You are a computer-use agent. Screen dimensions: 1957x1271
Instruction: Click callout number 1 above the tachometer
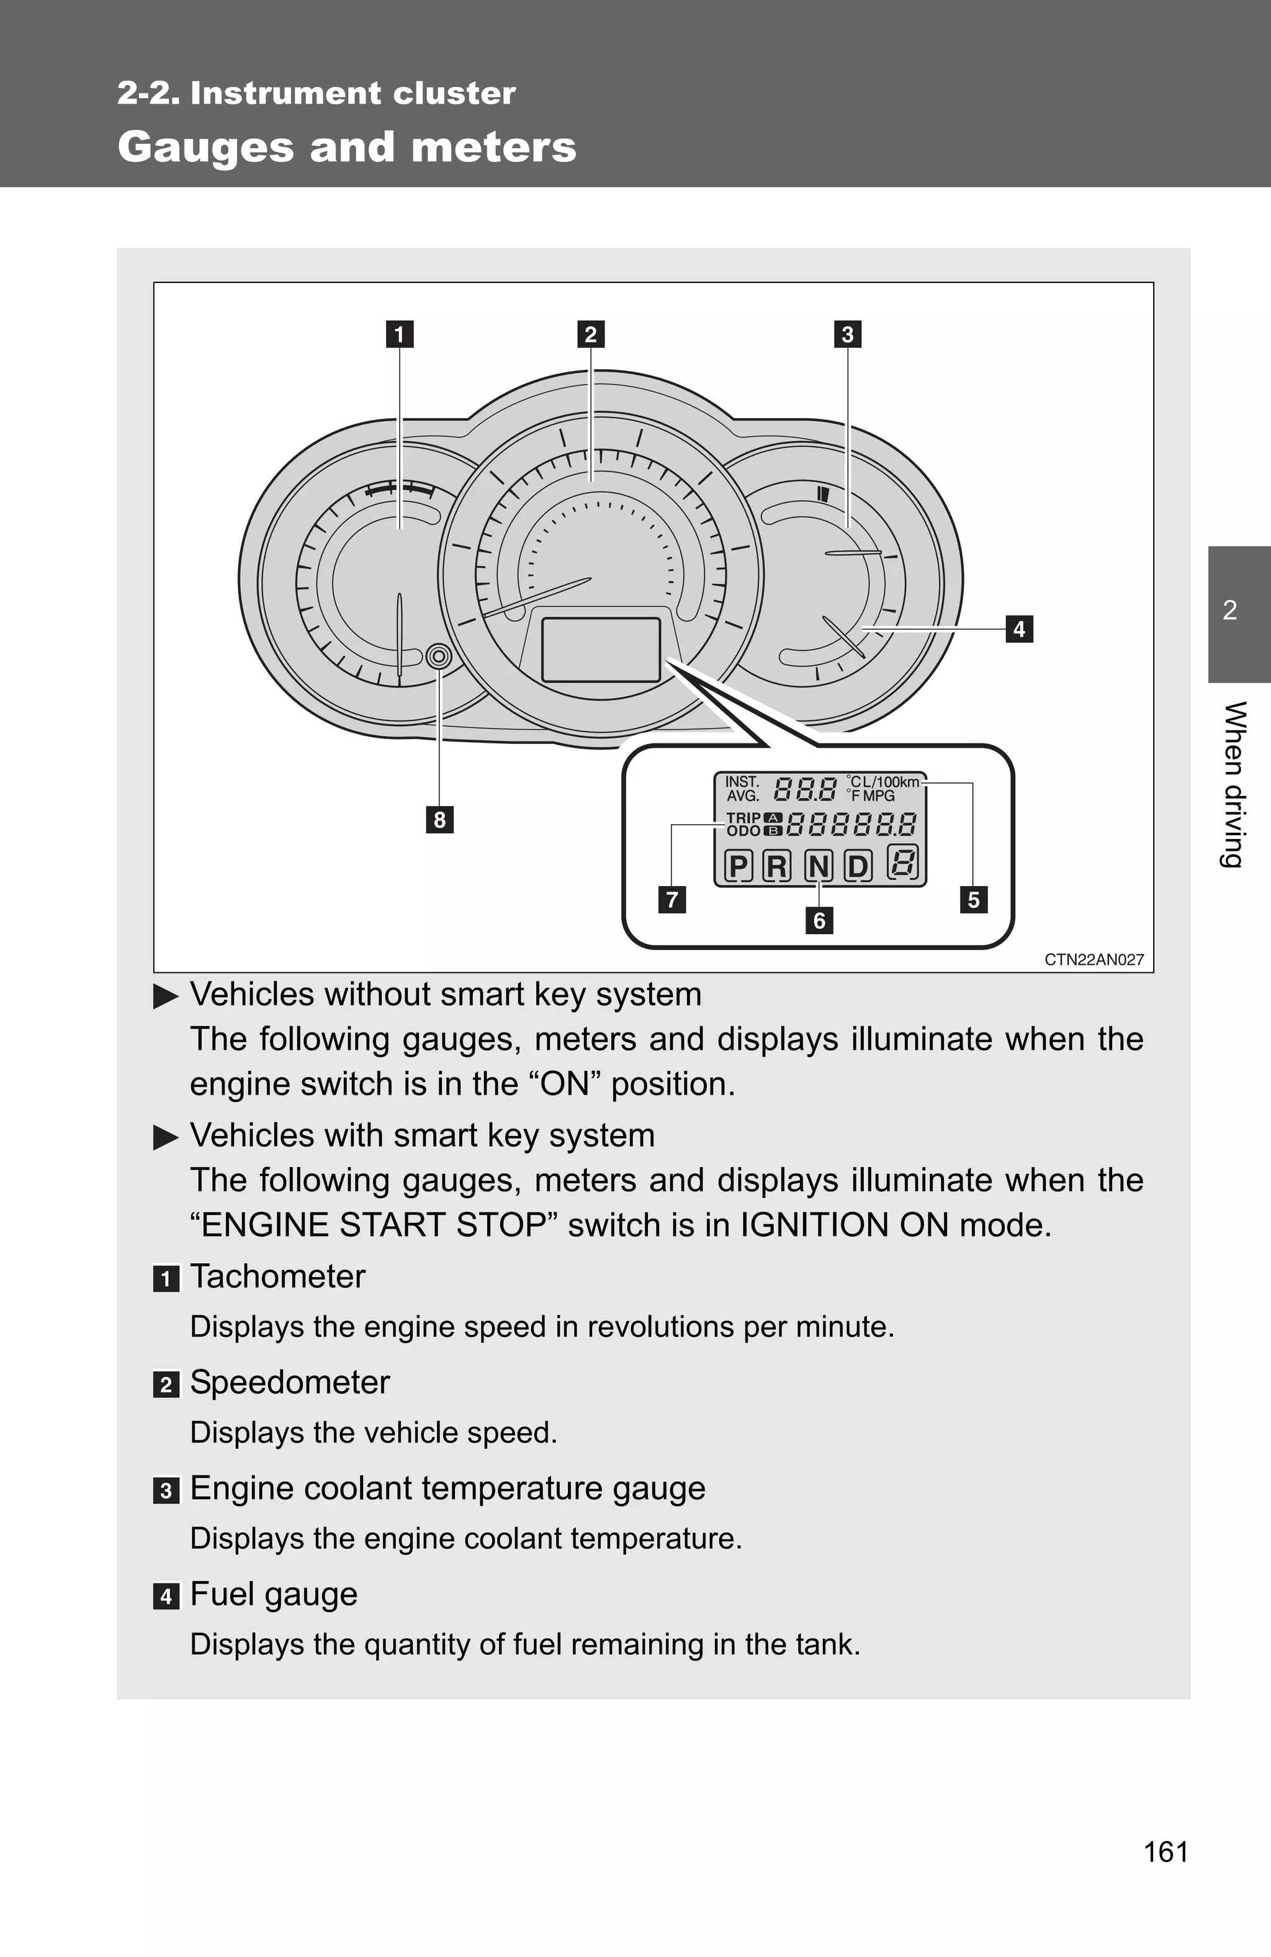pos(400,334)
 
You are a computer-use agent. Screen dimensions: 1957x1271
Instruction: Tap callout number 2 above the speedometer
pos(591,334)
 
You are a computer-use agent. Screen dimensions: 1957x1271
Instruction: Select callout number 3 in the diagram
pos(847,334)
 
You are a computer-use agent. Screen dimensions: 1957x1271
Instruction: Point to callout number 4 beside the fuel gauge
pos(1019,629)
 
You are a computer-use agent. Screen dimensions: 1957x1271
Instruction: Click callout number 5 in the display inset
pos(973,900)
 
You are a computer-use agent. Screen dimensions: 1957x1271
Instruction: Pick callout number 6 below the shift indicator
pos(819,920)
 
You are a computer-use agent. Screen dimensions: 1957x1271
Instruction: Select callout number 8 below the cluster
pos(439,820)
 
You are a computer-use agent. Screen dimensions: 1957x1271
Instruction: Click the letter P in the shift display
pos(738,866)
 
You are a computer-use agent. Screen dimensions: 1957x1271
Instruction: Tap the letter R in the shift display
pos(776,866)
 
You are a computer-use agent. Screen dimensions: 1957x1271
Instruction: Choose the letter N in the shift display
pos(818,866)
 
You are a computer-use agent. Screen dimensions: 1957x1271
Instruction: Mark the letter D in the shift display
pos(857,866)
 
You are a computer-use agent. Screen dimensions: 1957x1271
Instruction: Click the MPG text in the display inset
pos(879,796)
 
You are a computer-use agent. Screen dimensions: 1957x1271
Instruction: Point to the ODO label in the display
pos(743,831)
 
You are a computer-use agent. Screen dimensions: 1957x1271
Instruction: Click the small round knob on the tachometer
pos(439,656)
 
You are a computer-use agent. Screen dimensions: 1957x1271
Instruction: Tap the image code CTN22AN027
pos(1094,960)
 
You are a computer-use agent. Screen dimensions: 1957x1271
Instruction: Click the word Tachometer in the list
pos(277,1276)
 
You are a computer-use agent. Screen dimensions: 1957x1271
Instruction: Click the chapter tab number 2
pos(1230,610)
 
